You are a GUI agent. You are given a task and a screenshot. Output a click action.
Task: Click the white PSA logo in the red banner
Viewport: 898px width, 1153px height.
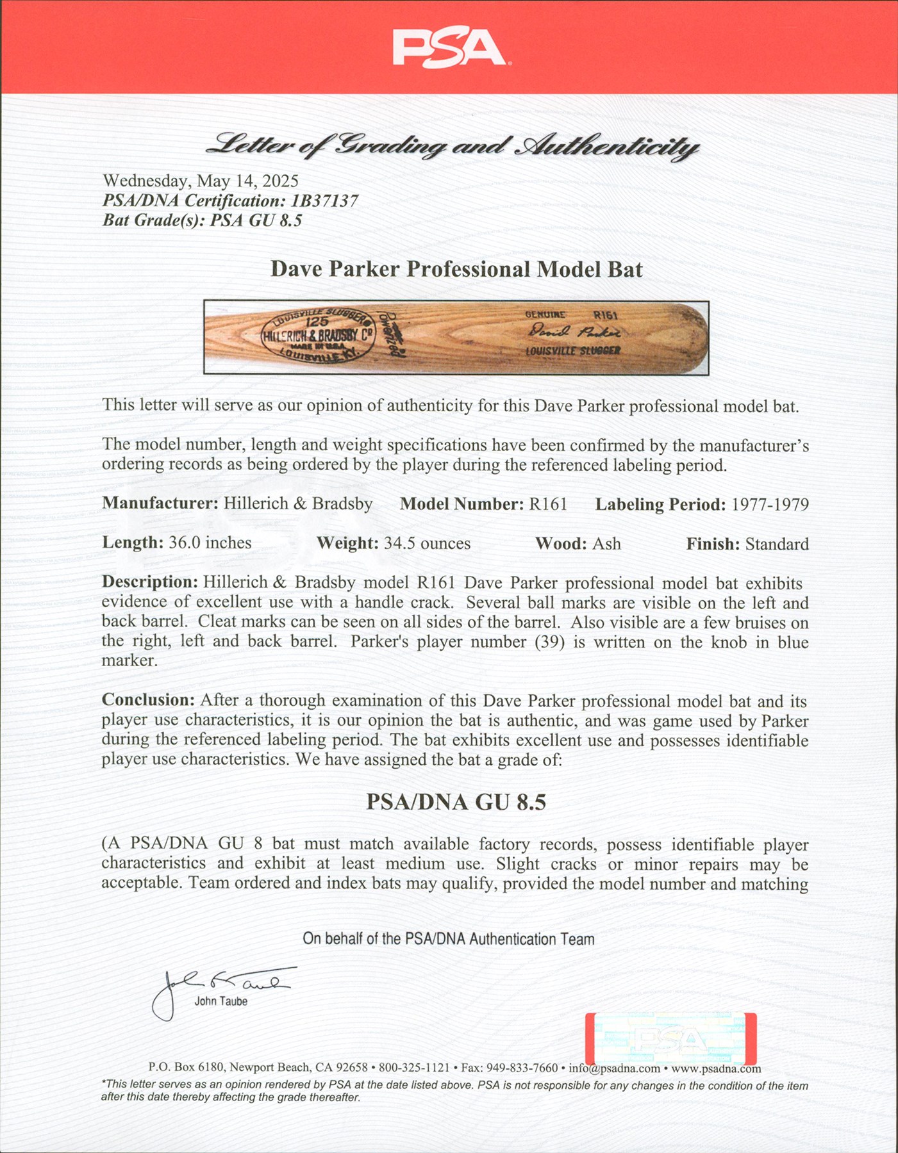coord(449,49)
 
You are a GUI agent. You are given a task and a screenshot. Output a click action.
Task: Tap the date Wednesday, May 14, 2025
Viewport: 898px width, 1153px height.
coord(201,181)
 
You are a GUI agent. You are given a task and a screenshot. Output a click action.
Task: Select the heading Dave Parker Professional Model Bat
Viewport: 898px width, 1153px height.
coord(456,269)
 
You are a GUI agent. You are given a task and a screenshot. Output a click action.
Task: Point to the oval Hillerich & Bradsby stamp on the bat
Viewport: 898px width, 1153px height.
coord(318,336)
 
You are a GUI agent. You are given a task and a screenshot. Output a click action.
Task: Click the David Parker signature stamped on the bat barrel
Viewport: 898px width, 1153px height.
coord(574,332)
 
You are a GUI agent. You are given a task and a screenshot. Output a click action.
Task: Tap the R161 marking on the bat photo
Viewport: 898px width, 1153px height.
coord(605,315)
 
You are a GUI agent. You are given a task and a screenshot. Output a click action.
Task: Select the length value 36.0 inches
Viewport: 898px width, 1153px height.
coord(210,543)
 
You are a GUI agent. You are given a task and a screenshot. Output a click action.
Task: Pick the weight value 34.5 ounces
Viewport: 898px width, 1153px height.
coord(427,544)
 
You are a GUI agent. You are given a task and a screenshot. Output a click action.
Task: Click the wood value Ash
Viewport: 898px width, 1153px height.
coord(606,544)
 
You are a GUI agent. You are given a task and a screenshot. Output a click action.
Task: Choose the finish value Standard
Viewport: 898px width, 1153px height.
coord(776,544)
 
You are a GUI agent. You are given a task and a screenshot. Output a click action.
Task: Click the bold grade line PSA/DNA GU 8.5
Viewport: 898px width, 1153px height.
coord(456,802)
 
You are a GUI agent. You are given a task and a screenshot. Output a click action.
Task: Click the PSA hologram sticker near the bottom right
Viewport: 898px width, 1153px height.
coord(671,1039)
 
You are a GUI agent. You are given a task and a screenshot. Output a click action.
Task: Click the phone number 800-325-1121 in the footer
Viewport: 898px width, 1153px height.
coord(414,1068)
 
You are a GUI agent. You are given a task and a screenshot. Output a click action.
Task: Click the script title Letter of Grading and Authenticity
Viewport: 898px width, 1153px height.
coord(452,147)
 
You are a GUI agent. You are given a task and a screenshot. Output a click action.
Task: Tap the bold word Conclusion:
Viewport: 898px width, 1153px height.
coord(148,700)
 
